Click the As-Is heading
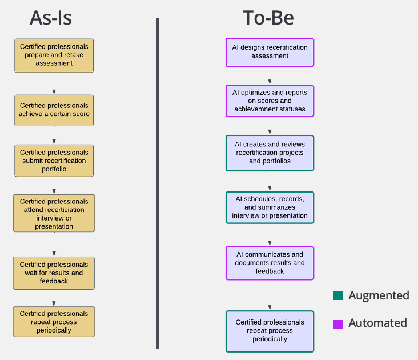(51, 18)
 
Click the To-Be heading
(268, 18)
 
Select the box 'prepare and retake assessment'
(54, 55)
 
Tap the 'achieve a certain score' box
(54, 110)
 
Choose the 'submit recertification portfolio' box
(54, 161)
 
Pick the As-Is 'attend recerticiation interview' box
(54, 213)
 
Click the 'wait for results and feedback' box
(54, 273)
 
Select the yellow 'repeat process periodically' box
(54, 322)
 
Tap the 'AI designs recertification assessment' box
(270, 52)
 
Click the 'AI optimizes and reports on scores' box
(270, 101)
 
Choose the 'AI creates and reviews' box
(270, 153)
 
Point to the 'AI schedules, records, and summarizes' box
(270, 207)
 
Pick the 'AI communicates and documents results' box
(270, 263)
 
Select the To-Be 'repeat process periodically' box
(270, 331)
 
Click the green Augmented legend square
(337, 296)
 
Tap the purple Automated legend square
(337, 323)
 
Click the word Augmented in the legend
(379, 296)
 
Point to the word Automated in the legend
(377, 323)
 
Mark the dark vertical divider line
(157, 183)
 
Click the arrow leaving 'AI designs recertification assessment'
(270, 75)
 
